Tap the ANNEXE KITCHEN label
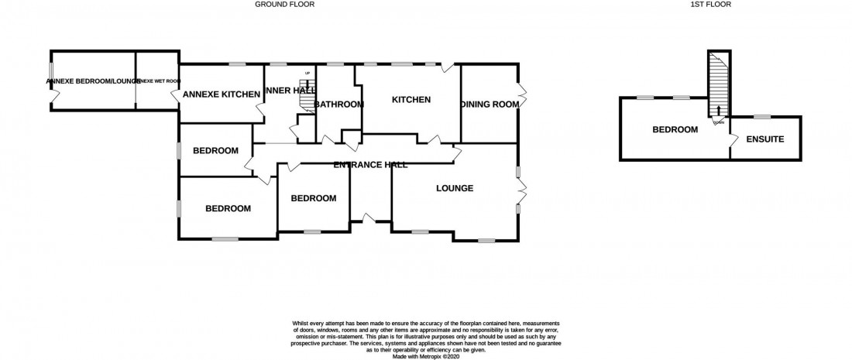pos(221,94)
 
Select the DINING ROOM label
pos(490,105)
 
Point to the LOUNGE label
pos(455,188)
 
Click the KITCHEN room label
pos(411,99)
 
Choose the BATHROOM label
pos(338,105)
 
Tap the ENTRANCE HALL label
pos(370,164)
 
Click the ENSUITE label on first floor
pos(765,139)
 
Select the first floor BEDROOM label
pos(675,129)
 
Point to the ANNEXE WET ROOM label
pos(154,80)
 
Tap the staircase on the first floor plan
pos(719,89)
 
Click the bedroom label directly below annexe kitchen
pos(215,150)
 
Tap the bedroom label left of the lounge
pos(313,198)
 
